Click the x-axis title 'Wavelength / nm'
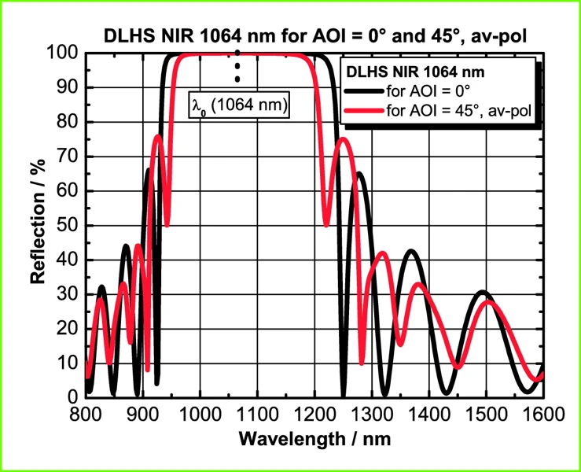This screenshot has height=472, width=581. (x=314, y=438)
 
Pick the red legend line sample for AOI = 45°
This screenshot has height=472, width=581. (x=366, y=110)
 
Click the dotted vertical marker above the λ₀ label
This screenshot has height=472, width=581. (x=237, y=68)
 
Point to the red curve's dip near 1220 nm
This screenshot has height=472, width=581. (x=327, y=226)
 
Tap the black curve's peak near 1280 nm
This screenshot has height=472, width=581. (x=359, y=174)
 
